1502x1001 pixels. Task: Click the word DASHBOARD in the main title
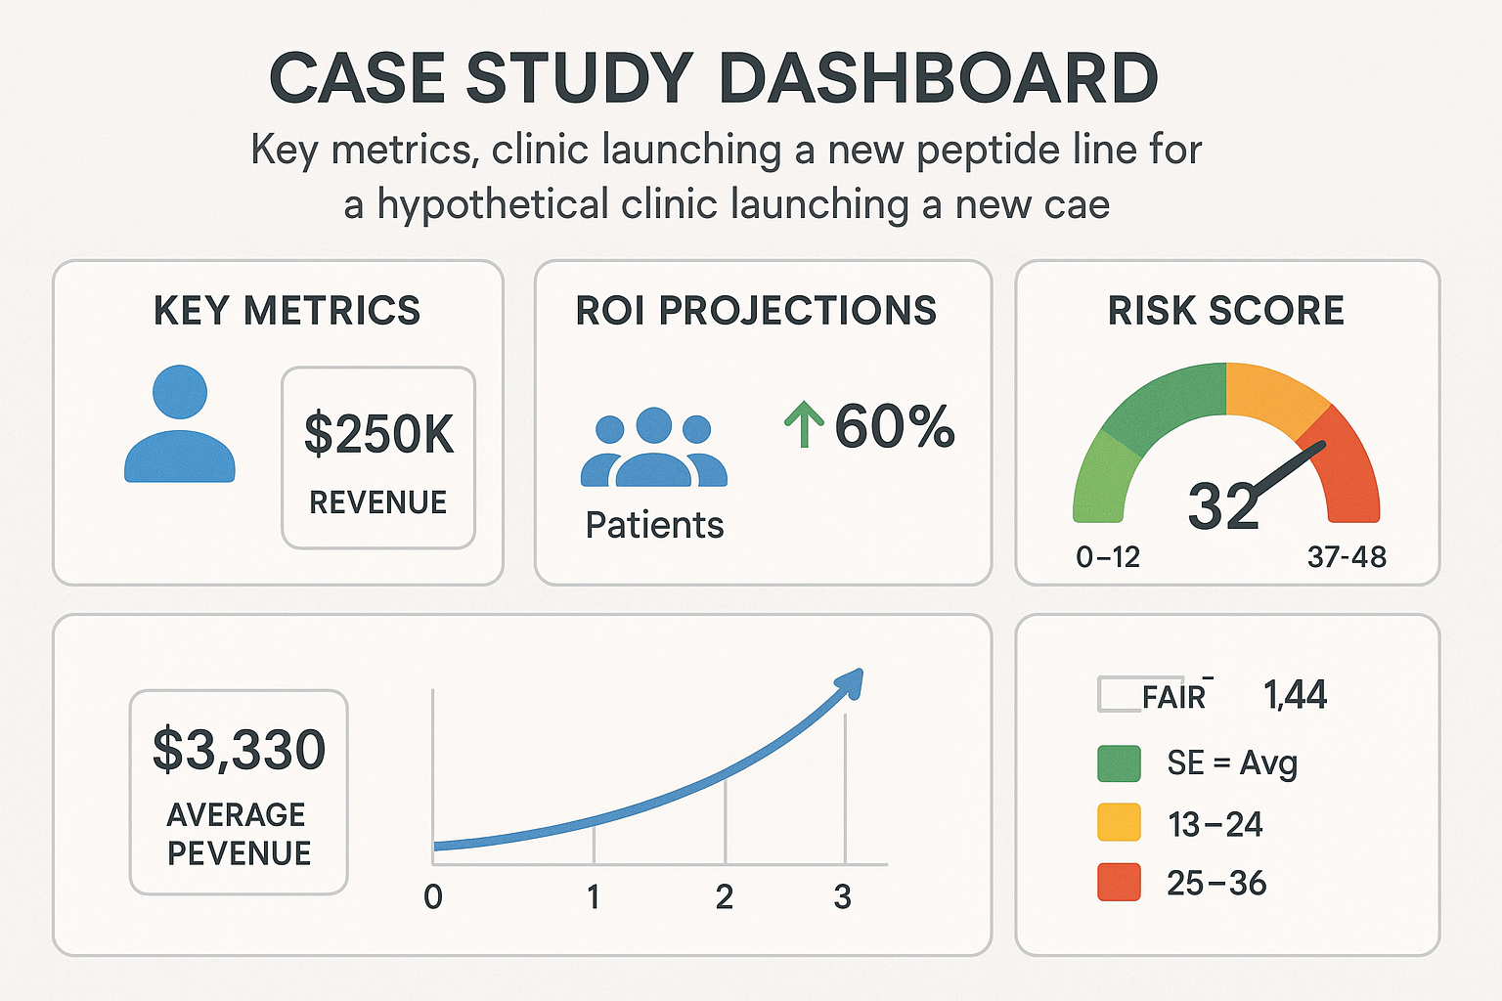point(939,78)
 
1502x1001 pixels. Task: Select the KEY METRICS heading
point(287,311)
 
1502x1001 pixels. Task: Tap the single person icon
point(180,425)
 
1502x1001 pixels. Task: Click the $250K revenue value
point(378,434)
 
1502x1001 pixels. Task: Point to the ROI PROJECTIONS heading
point(756,311)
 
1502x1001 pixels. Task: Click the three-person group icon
point(653,450)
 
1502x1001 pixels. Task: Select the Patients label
point(654,526)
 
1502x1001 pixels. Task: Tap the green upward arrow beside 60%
point(804,424)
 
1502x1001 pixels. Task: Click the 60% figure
point(894,426)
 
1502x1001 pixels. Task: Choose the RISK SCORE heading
point(1225,311)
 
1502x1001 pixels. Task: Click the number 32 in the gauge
point(1222,506)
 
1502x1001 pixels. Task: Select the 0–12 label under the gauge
point(1108,557)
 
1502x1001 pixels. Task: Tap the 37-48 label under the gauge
point(1347,557)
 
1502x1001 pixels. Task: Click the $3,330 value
point(239,750)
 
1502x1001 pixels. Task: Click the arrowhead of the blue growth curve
point(850,682)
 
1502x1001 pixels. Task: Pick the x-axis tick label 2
point(725,896)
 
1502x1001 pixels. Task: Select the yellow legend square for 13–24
point(1119,823)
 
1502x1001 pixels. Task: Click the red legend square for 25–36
point(1119,882)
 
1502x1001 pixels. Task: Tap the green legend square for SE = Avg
point(1119,763)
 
